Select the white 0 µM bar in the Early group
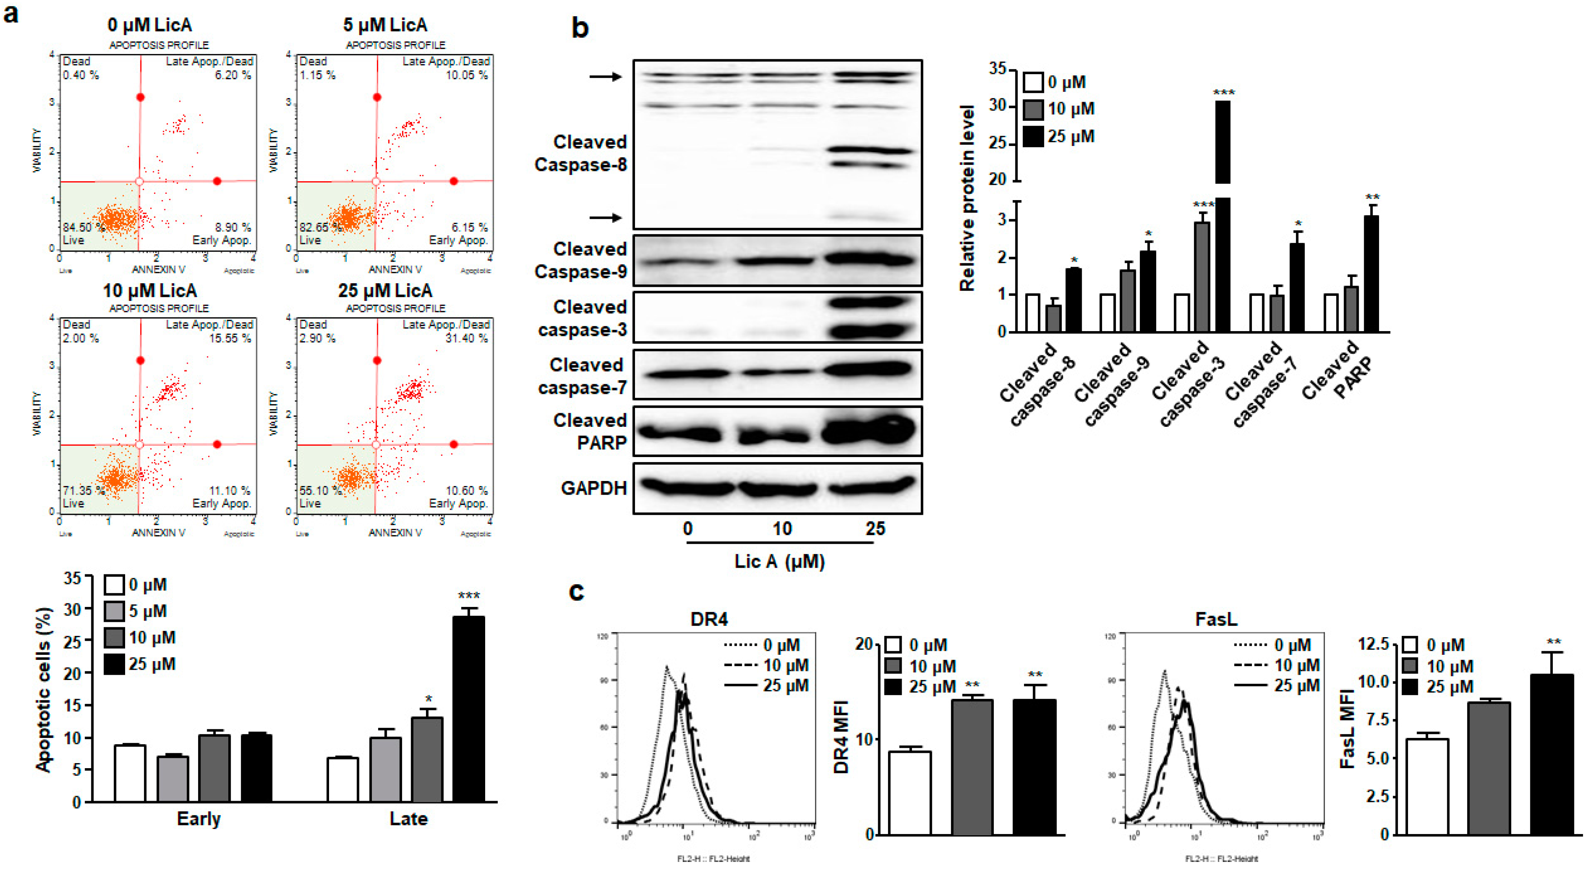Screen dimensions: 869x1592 click(x=130, y=773)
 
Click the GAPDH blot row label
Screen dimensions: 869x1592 click(x=593, y=488)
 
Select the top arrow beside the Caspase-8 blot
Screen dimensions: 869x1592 click(x=604, y=77)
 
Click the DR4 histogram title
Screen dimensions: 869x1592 click(x=708, y=619)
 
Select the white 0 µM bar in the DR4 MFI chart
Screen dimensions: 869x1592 click(x=910, y=792)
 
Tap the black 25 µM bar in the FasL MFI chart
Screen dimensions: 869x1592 click(x=1551, y=754)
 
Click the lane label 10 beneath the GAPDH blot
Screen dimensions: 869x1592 click(x=781, y=528)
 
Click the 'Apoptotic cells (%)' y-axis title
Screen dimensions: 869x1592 click(x=43, y=689)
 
